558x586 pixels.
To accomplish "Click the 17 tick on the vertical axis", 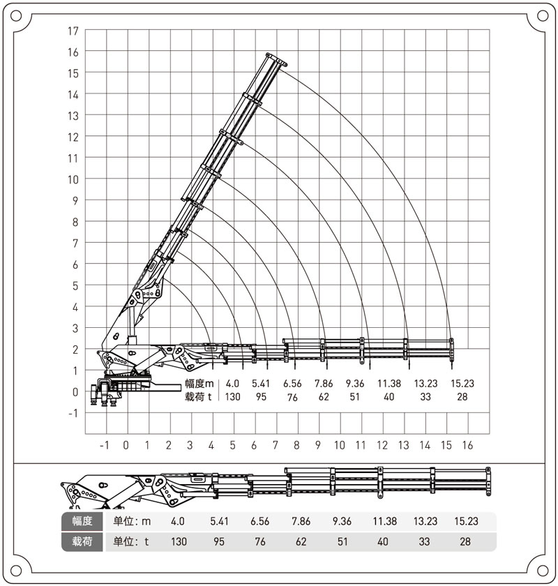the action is point(73,31).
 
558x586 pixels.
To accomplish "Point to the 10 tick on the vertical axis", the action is point(73,179).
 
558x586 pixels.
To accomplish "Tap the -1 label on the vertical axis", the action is point(73,413).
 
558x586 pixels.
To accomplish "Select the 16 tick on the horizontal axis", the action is point(467,445).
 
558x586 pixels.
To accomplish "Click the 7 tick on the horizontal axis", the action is point(276,445).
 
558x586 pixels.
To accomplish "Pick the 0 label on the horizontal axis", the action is point(126,445).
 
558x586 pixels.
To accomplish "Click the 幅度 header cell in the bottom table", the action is point(82,521).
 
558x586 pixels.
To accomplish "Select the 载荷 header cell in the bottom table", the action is point(82,541).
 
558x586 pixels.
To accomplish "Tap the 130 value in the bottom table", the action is point(179,541).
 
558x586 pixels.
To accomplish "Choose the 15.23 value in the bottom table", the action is point(466,521).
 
